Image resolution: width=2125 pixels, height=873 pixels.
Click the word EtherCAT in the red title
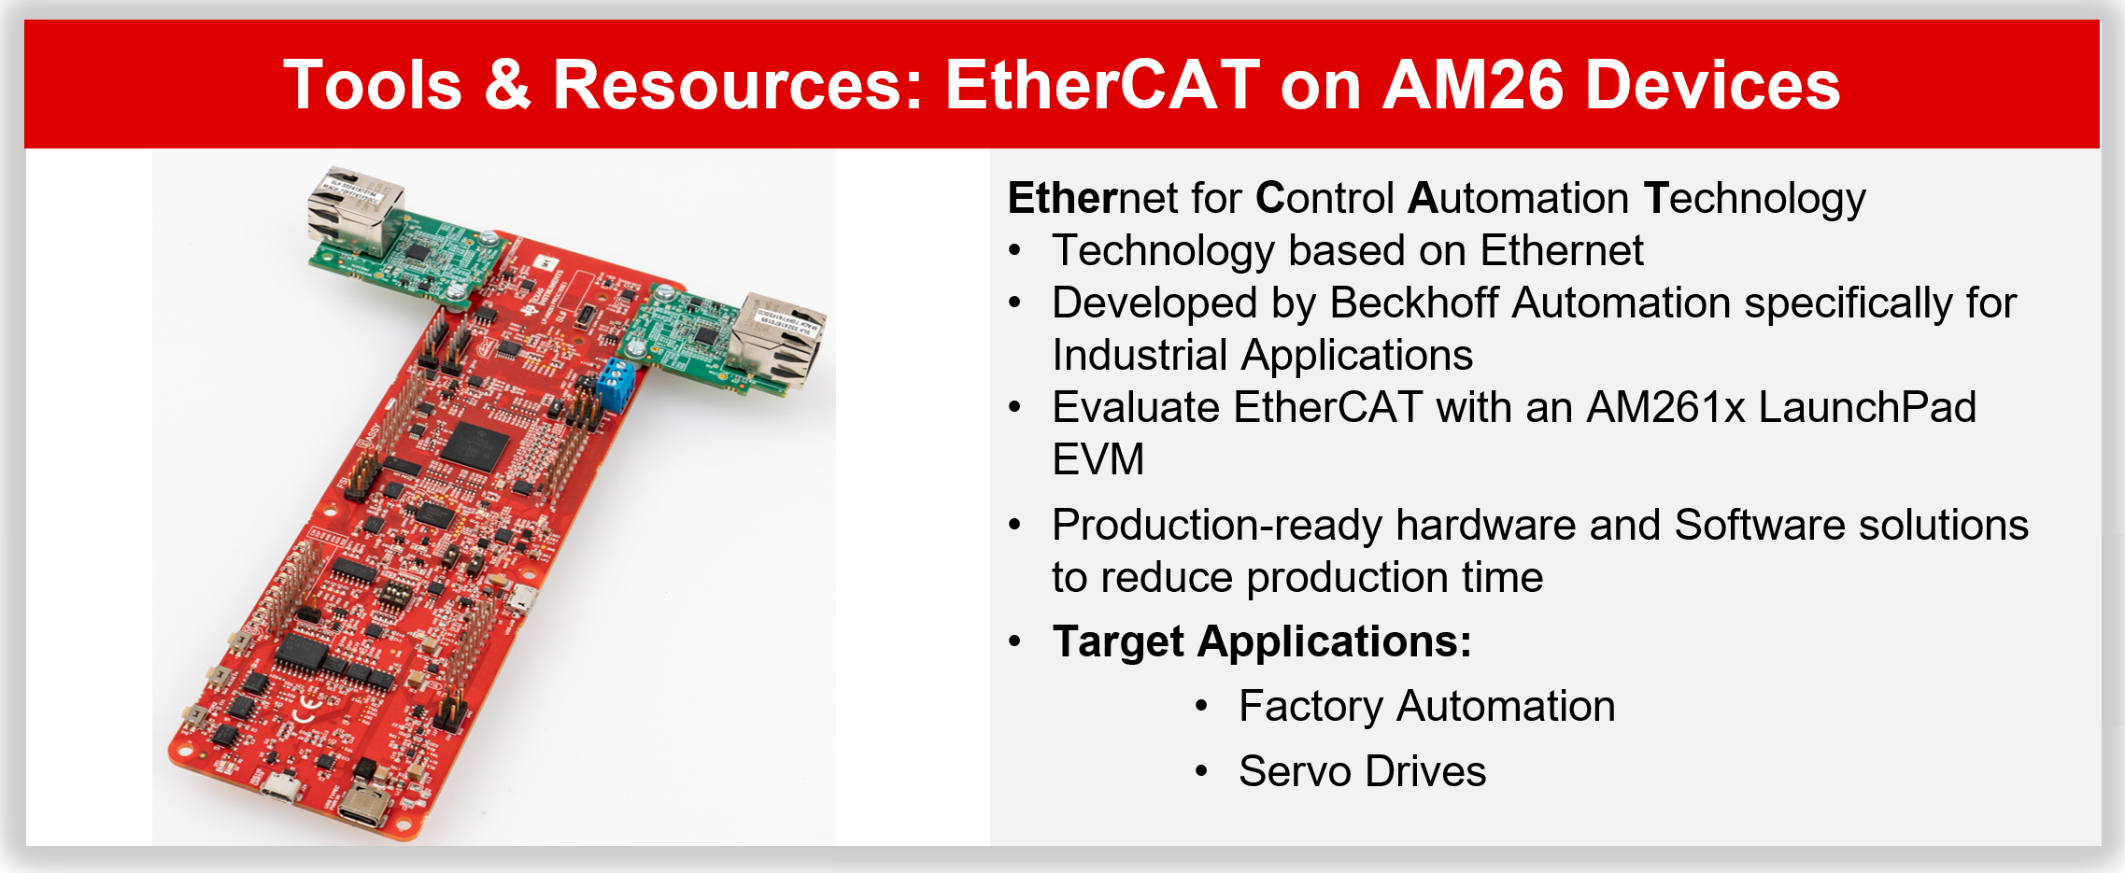click(x=1102, y=85)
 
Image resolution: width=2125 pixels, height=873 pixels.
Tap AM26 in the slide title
click(x=1473, y=85)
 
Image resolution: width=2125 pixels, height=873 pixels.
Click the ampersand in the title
click(x=508, y=85)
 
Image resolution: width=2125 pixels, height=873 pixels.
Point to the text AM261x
click(x=1665, y=408)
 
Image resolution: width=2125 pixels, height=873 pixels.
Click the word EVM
click(x=1098, y=460)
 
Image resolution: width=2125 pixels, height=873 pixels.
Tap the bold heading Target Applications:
click(x=1261, y=642)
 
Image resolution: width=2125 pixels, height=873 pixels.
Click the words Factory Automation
click(x=1426, y=707)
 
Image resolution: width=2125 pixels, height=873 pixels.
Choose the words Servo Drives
click(x=1362, y=772)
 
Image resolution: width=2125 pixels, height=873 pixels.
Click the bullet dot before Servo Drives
click(x=1202, y=772)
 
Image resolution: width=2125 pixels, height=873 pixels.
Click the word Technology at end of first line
click(x=1754, y=199)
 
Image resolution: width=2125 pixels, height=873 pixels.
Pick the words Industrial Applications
click(x=1262, y=356)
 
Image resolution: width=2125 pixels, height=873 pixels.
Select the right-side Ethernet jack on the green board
click(x=777, y=338)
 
